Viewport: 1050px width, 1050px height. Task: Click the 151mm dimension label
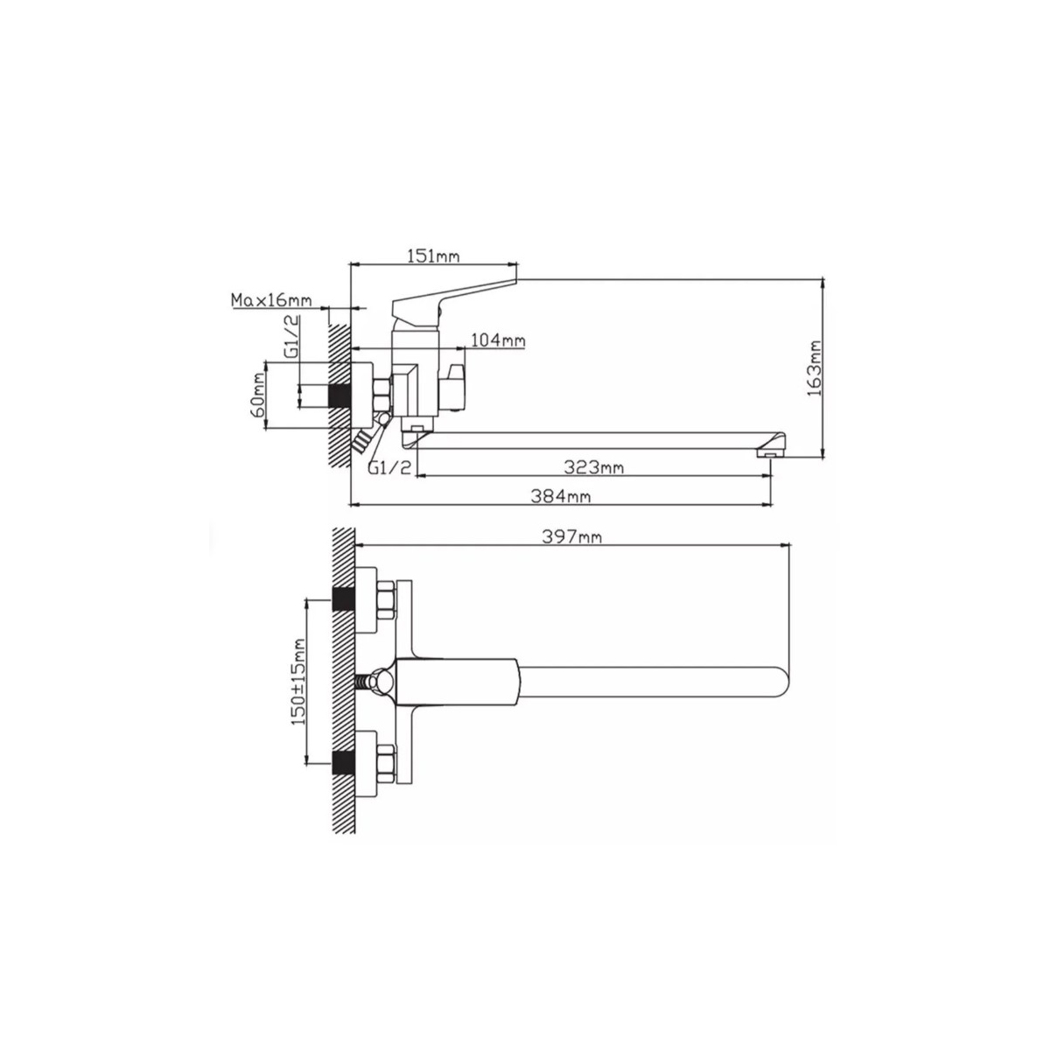pos(434,256)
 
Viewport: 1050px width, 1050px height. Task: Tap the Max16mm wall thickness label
pos(271,300)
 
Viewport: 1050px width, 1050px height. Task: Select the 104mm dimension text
pos(498,341)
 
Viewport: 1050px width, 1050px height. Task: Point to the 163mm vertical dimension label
pos(814,368)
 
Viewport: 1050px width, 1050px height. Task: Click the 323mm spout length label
pos(594,467)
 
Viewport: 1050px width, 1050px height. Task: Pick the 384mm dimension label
pos(561,496)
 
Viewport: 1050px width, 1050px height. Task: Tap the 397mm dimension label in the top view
pos(572,537)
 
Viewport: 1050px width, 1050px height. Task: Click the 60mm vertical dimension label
pos(258,395)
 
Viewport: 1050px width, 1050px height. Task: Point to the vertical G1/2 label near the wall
pos(292,336)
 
